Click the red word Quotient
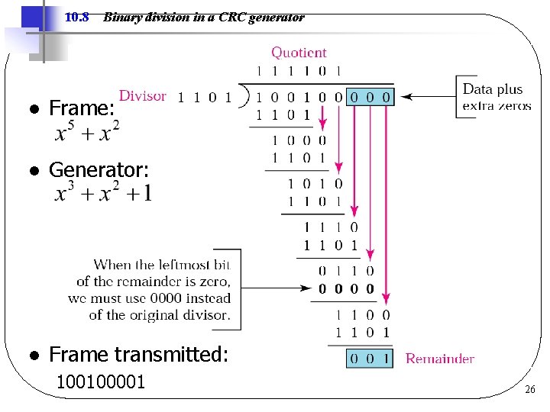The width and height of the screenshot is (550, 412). point(299,53)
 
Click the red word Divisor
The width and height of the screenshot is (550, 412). point(143,95)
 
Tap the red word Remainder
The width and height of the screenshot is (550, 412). point(439,359)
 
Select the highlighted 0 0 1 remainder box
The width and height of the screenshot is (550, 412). point(370,359)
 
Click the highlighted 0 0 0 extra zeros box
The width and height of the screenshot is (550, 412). point(370,97)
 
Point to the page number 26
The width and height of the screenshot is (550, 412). point(530,391)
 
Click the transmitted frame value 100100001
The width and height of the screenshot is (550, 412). point(101,381)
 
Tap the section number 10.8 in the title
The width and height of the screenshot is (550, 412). point(78,17)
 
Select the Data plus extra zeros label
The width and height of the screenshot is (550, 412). point(497,98)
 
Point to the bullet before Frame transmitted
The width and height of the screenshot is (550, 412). point(34,356)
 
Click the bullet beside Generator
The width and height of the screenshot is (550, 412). point(34,170)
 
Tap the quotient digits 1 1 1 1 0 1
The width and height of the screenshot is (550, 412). point(299,71)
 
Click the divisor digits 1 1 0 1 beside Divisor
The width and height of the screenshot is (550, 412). point(205,97)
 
